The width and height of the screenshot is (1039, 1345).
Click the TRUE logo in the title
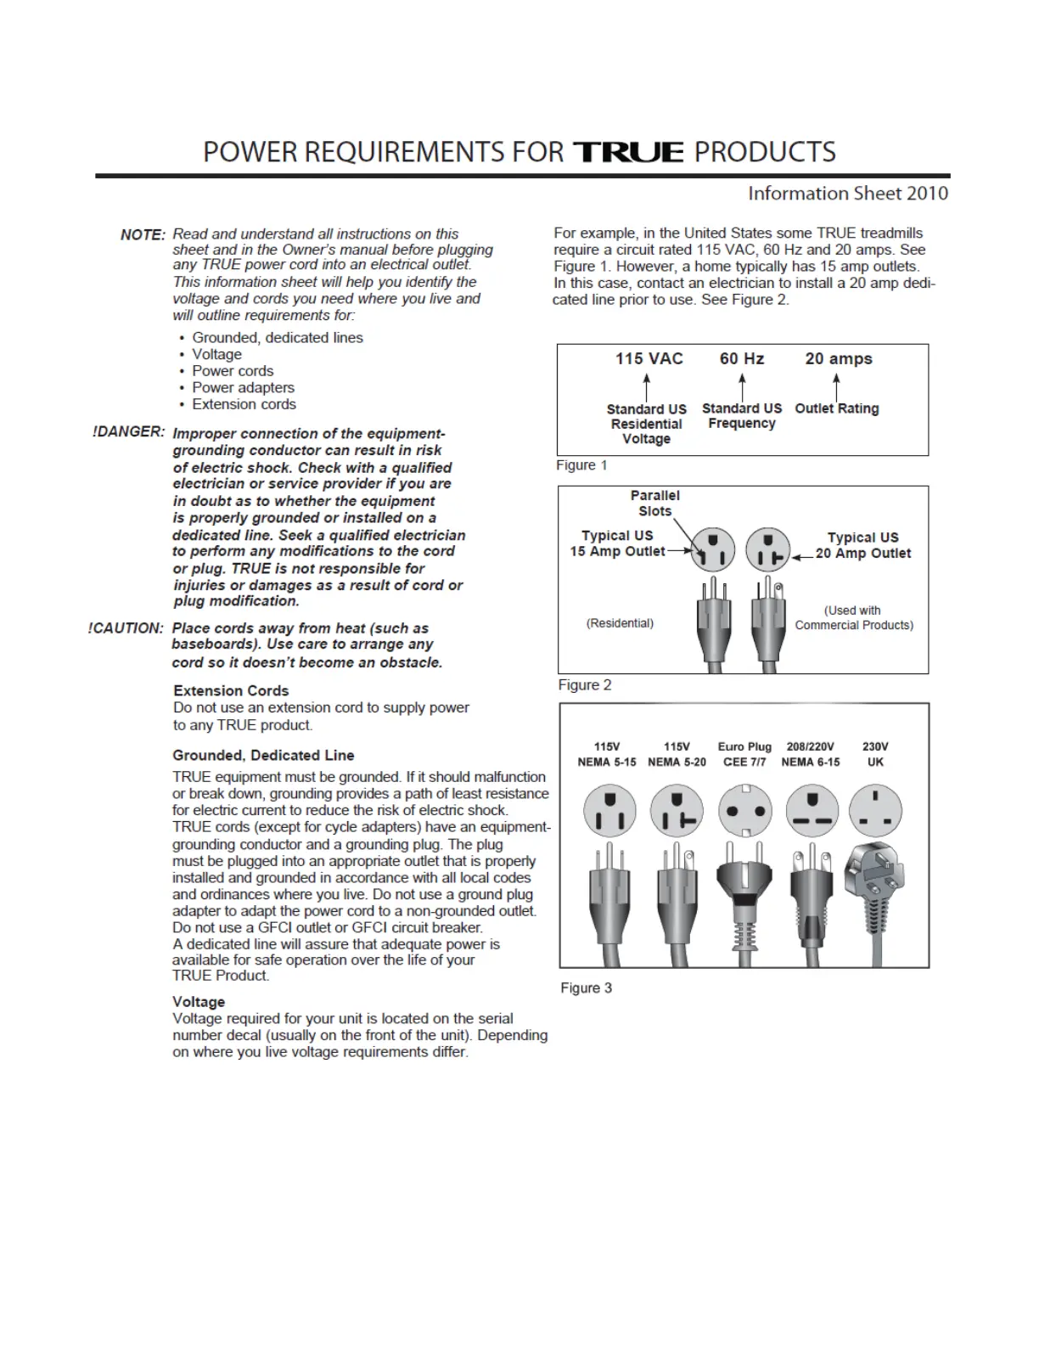pyautogui.click(x=628, y=152)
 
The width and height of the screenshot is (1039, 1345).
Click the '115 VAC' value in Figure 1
pyautogui.click(x=649, y=358)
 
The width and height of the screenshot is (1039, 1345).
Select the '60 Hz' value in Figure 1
pyautogui.click(x=742, y=358)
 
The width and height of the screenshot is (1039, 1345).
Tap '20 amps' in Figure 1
pyautogui.click(x=839, y=358)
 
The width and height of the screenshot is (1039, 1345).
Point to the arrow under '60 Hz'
pyautogui.click(x=742, y=387)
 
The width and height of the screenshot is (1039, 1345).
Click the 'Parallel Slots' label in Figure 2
pyautogui.click(x=655, y=503)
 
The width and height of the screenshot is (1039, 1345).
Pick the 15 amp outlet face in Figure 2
pyautogui.click(x=713, y=549)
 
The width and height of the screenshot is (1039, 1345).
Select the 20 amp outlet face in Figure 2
pyautogui.click(x=768, y=549)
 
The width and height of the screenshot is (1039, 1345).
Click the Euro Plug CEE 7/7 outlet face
pyautogui.click(x=745, y=810)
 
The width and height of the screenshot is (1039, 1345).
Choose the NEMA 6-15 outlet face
pyautogui.click(x=812, y=810)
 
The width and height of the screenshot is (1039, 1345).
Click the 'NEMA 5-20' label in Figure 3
pyautogui.click(x=677, y=762)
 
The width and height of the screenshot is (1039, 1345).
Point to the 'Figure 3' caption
pyautogui.click(x=586, y=988)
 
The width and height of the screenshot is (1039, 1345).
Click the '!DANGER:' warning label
pyautogui.click(x=128, y=431)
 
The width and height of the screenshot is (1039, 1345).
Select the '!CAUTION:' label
pyautogui.click(x=126, y=628)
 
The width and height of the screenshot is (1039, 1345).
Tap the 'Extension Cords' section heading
pyautogui.click(x=231, y=690)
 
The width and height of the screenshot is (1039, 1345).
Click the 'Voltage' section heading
pyautogui.click(x=199, y=1002)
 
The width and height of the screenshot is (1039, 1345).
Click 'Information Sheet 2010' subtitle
pyautogui.click(x=847, y=194)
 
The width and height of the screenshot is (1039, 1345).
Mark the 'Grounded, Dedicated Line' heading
pyautogui.click(x=263, y=755)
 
